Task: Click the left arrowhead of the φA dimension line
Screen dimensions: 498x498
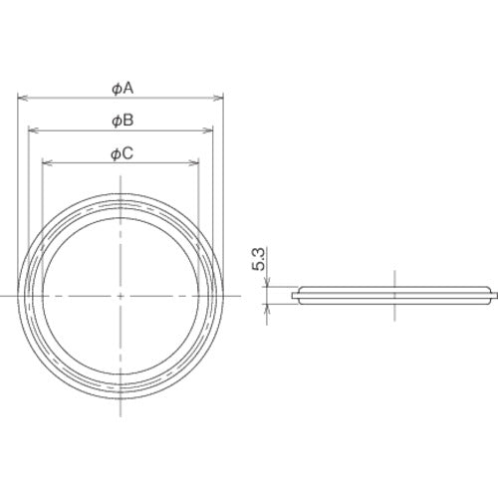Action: click(x=21, y=98)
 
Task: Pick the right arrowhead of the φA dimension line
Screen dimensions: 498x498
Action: click(x=221, y=98)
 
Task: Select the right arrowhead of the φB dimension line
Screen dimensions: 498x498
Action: click(x=211, y=130)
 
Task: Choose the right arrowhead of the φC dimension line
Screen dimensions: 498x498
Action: click(x=197, y=162)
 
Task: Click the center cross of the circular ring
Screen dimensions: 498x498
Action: click(x=121, y=296)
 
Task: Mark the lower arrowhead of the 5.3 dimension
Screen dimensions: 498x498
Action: click(x=266, y=306)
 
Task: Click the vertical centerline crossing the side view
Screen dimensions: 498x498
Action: click(x=394, y=295)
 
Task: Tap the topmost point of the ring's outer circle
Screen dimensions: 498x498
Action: click(x=121, y=193)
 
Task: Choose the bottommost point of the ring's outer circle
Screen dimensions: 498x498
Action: click(x=121, y=397)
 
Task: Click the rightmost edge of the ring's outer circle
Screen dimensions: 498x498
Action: click(x=223, y=296)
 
